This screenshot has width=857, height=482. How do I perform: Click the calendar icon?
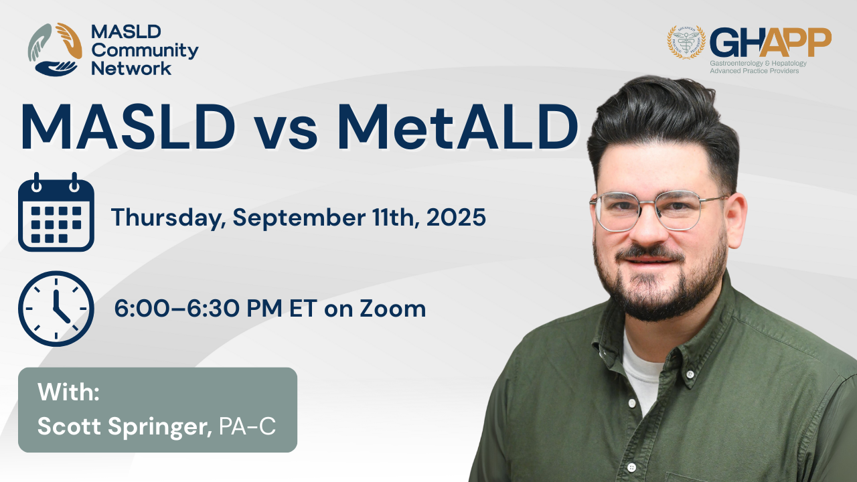[x=56, y=212]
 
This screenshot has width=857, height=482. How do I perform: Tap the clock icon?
[x=56, y=309]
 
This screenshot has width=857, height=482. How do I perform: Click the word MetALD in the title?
[x=457, y=127]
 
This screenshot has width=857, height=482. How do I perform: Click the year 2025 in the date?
[x=456, y=217]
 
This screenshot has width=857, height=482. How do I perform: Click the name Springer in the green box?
[x=160, y=427]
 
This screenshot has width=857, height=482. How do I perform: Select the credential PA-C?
[x=247, y=426]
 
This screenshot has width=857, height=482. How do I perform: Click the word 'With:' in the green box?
[x=68, y=392]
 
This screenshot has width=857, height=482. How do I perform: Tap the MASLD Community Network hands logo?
[x=55, y=50]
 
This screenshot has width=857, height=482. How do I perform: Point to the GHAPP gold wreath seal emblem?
[x=686, y=42]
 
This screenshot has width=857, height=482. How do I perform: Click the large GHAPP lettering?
[x=771, y=42]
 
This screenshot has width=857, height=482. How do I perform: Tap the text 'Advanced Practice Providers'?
[x=754, y=71]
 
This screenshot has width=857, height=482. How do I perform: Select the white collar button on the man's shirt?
[x=690, y=374]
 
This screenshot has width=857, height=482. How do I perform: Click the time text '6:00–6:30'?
[x=179, y=309]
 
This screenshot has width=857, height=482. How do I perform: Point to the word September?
[x=299, y=218]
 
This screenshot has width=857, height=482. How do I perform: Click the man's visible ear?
[x=736, y=221]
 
